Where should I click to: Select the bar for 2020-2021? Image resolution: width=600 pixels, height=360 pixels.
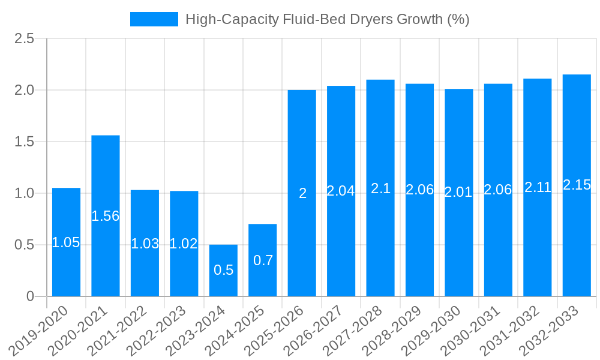106,216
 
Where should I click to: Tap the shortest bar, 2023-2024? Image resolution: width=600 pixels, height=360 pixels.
223,270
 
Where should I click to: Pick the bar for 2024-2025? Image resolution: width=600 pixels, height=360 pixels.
263,260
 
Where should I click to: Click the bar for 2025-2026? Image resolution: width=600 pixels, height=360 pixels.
302,193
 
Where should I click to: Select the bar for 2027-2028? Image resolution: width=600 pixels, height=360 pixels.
380,188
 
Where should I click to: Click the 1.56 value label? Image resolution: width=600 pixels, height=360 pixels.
106,216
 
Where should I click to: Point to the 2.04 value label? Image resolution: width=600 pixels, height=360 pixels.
341,191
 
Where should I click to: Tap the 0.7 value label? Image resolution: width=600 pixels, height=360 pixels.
263,260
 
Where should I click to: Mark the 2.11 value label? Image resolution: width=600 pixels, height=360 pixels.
538,187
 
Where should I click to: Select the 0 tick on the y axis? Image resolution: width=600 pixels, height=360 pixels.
31,296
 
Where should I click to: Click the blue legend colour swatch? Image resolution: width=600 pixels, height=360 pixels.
154,19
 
